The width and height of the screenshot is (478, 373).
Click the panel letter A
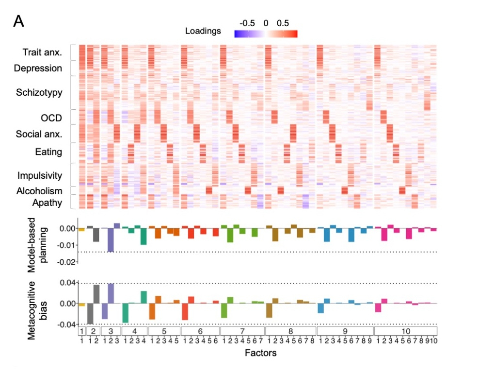[x=18, y=21]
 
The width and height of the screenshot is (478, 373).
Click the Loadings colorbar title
[x=203, y=31]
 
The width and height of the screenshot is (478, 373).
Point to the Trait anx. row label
[x=42, y=52]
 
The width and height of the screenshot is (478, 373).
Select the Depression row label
[x=38, y=68]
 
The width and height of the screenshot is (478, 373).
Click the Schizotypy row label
[x=39, y=92]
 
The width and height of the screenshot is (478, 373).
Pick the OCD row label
[x=51, y=118]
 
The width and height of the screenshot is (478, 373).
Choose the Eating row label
[x=48, y=152]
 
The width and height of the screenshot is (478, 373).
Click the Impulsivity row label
[x=40, y=175]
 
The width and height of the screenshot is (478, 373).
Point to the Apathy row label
[x=47, y=202]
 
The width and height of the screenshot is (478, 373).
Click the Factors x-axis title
[x=261, y=353]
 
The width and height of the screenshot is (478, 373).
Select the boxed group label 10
[x=406, y=331]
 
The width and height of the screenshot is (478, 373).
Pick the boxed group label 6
[x=200, y=331]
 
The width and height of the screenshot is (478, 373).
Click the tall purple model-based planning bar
[x=110, y=240]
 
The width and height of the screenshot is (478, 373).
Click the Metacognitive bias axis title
[x=40, y=303]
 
